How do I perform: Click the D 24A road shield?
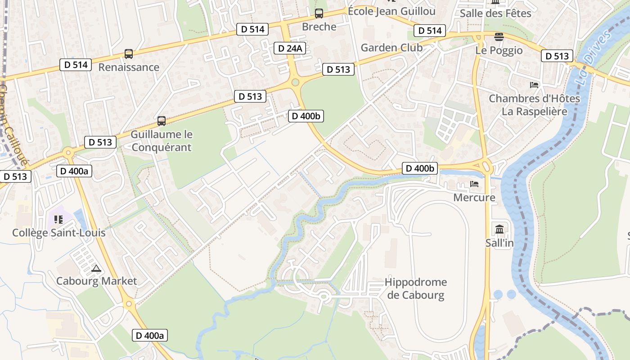290,48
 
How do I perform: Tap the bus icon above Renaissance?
129,54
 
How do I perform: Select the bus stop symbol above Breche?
319,13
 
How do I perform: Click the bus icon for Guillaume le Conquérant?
162,121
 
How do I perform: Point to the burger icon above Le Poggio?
499,37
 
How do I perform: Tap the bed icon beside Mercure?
474,184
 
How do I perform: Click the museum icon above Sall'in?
499,229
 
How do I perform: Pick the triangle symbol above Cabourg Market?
96,269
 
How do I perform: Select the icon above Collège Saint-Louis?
58,220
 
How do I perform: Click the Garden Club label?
391,48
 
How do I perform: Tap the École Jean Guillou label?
391,11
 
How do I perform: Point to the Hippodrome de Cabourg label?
416,289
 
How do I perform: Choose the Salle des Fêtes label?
495,13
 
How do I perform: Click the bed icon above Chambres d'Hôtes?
534,85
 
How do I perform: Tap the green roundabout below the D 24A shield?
295,82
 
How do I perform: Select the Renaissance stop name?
129,67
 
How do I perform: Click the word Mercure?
474,198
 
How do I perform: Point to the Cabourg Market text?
96,281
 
